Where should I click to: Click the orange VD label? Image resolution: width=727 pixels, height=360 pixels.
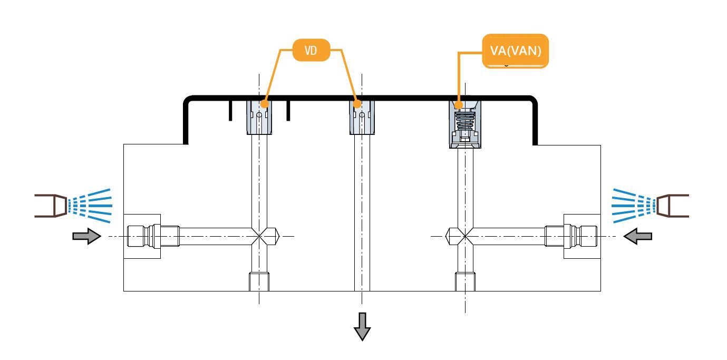tap(311, 51)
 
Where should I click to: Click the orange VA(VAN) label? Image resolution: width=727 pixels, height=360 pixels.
tap(516, 51)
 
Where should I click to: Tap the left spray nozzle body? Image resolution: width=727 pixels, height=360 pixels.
tap(51, 206)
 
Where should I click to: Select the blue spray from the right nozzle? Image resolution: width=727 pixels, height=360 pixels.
tap(632, 205)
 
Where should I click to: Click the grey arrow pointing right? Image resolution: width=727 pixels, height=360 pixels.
tap(86, 237)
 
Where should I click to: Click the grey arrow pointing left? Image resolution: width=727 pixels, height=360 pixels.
tap(638, 237)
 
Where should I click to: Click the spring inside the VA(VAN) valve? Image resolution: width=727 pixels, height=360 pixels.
tap(464, 124)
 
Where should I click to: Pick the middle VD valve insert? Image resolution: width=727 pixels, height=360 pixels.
tap(362, 118)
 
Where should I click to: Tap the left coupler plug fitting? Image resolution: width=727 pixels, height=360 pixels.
tap(153, 236)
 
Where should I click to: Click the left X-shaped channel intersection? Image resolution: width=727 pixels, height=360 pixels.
tap(258, 236)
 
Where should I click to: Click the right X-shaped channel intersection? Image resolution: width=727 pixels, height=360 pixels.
tap(464, 236)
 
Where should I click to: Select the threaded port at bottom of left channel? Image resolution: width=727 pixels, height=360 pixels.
tap(258, 281)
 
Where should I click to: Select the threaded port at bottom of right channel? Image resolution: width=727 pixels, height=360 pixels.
tap(464, 281)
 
